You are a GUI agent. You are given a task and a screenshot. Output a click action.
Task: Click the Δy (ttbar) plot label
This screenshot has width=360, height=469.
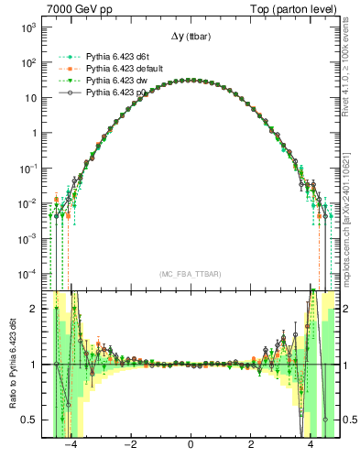pos(190,38)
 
